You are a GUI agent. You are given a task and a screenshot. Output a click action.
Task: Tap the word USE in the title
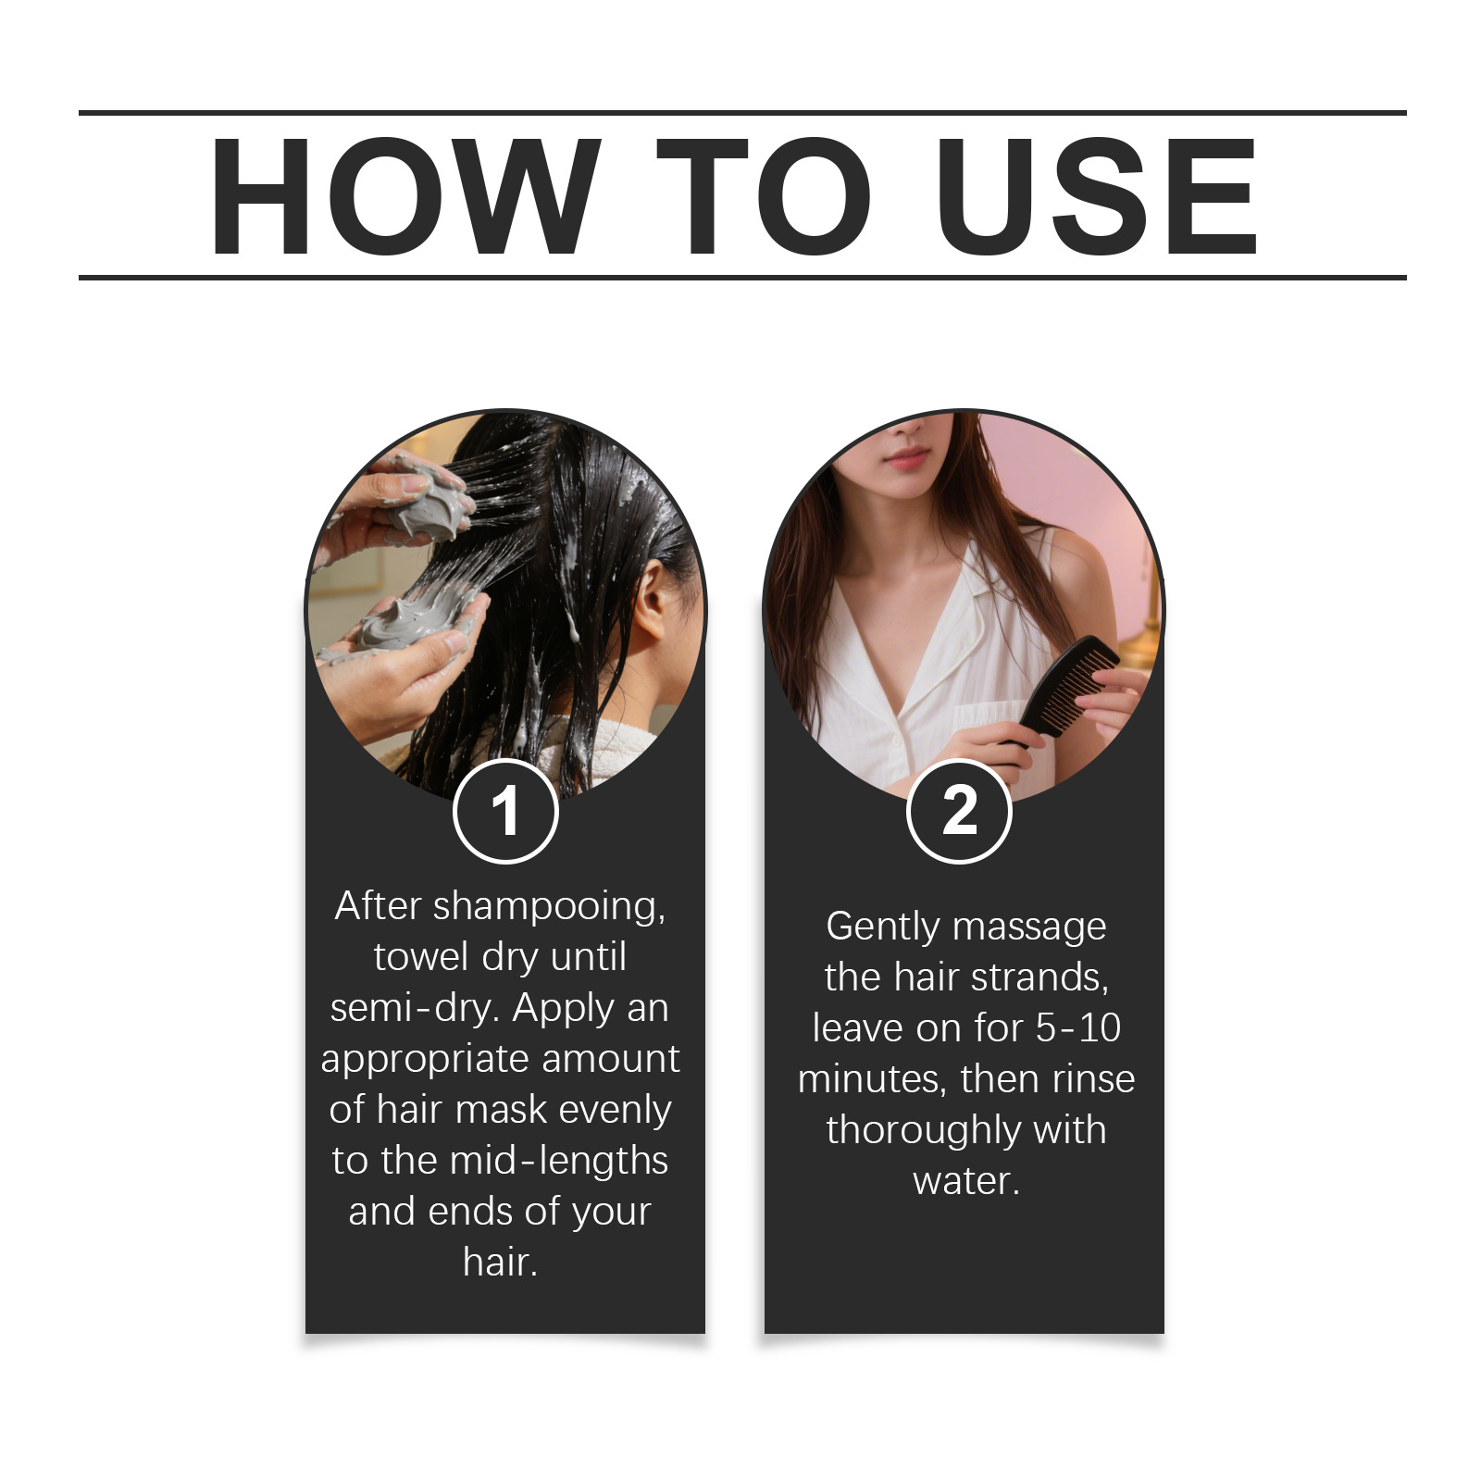click(x=1097, y=196)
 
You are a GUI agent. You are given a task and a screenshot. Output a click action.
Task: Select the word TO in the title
click(x=764, y=196)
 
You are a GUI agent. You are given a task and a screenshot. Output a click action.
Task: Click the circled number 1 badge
click(x=505, y=811)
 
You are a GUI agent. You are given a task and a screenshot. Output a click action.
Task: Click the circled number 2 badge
click(x=959, y=811)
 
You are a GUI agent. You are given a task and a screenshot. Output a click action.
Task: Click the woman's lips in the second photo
click(x=904, y=456)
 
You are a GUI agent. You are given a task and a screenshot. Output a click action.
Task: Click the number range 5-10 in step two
click(x=1077, y=1028)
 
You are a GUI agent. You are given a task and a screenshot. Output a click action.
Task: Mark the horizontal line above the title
click(x=742, y=113)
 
